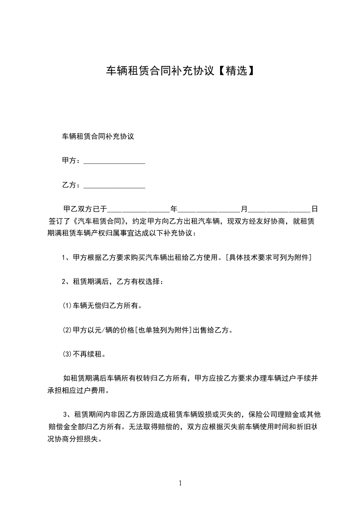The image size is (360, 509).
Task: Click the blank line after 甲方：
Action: pos(114,162)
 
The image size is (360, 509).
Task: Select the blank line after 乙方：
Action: pos(114,186)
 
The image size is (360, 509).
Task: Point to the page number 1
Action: pos(180,483)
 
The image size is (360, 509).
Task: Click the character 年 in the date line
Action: pos(173,209)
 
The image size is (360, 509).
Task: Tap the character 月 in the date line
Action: pos(244,209)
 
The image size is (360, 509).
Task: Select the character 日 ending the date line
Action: pos(314,209)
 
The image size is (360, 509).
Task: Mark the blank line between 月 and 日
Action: pos(279,210)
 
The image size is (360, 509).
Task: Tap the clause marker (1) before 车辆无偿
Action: pos(67,306)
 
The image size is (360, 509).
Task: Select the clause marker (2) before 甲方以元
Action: pos(67,330)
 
